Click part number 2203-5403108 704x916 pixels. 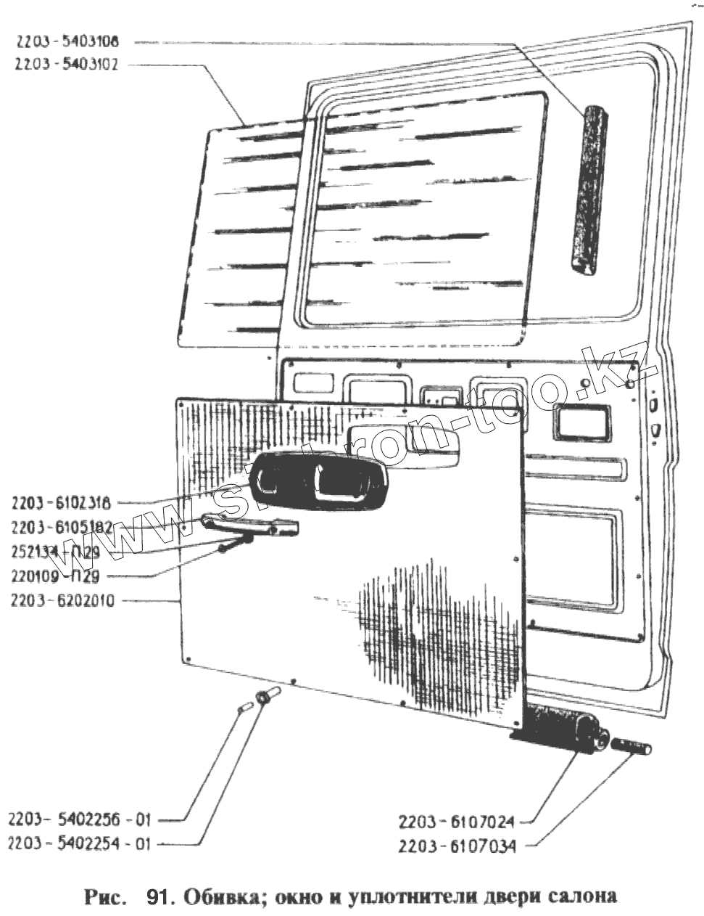pos(70,41)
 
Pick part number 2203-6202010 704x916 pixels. pos(62,601)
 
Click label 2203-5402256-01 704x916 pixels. pos(80,819)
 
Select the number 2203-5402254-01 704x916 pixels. pos(80,843)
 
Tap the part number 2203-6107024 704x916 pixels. pos(457,822)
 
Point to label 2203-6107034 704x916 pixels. pos(457,846)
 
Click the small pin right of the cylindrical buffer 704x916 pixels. pos(632,746)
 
